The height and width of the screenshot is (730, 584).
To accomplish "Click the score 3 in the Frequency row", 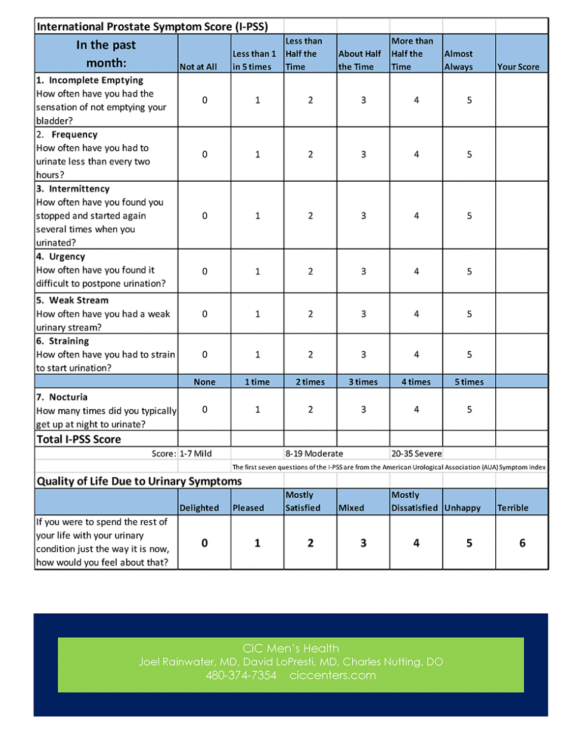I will coord(364,154).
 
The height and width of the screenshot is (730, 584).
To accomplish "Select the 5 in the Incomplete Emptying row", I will coord(469,101).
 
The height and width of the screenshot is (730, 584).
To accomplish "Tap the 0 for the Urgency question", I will coord(204,271).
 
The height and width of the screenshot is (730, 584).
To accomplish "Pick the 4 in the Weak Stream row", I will coord(417,313).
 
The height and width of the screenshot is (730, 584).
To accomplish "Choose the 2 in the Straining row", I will coord(310,355).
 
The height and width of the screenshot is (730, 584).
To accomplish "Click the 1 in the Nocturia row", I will coord(257,409).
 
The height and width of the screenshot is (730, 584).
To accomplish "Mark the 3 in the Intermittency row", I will coord(364,216).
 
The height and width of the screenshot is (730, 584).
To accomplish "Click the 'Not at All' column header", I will coord(198,67).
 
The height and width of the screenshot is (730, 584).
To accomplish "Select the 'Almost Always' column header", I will coord(458,60).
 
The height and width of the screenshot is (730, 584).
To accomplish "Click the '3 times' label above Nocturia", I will coord(363,382).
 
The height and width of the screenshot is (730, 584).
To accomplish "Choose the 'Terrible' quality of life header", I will coord(512,508).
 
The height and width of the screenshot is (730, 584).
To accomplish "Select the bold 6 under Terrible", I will coord(522,543).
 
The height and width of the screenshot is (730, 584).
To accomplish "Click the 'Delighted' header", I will coord(199,508).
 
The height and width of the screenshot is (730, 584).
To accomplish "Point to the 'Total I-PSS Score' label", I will coord(79,440).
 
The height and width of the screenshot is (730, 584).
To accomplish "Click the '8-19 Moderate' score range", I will coord(314,453).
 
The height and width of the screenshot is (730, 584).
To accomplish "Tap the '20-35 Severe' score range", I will coord(417,453).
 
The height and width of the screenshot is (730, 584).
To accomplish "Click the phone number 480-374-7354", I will coord(241,675).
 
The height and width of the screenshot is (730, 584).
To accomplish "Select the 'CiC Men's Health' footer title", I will coord(291,648).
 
